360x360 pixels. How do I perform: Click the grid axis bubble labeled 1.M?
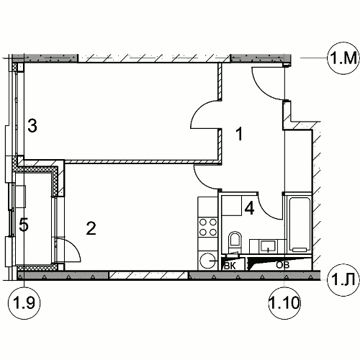[343, 58]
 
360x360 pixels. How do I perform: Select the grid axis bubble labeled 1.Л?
[343, 279]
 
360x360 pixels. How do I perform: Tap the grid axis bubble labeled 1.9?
[24, 303]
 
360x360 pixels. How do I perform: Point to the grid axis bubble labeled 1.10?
[284, 303]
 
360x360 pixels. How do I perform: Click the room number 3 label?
[32, 126]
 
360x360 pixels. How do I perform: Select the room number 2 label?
[91, 228]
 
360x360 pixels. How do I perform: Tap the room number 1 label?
[239, 134]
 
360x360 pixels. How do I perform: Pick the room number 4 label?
[249, 208]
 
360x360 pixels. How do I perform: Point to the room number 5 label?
[24, 225]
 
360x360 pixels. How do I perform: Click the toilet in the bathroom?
[235, 242]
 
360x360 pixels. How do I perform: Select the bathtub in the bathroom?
[300, 224]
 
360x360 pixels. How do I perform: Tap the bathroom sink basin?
[268, 246]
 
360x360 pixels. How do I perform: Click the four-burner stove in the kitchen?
[208, 227]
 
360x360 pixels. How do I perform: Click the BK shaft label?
[230, 266]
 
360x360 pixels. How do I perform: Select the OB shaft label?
[283, 265]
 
